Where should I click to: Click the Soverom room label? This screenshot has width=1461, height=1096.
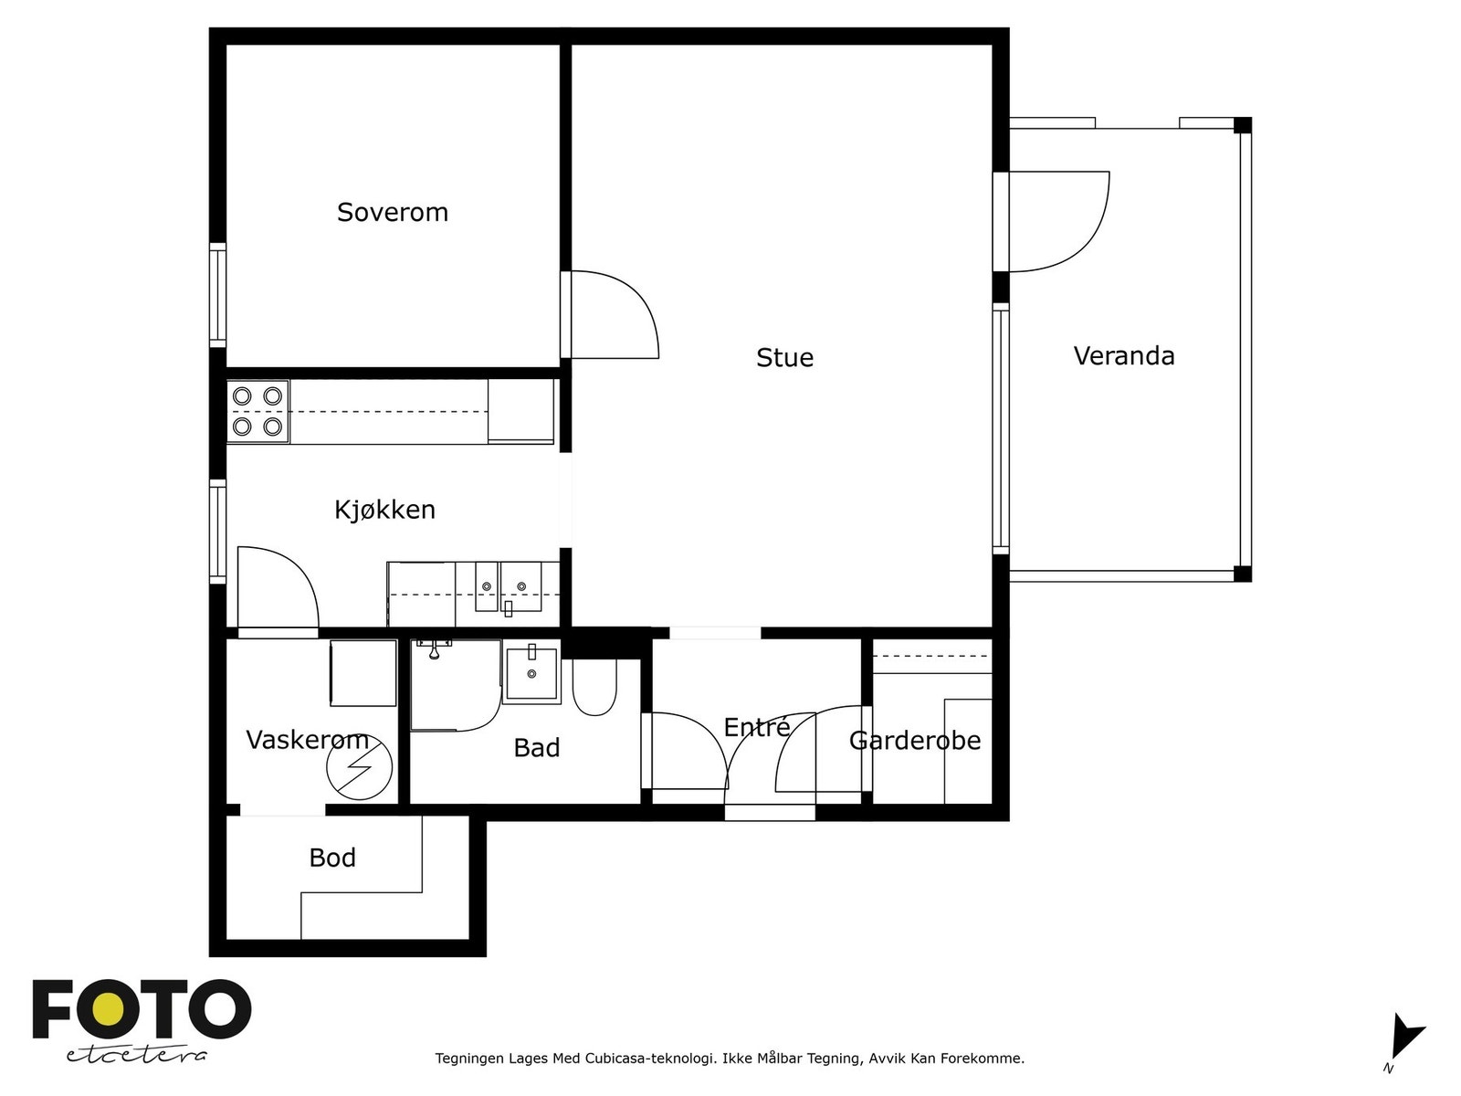[392, 212]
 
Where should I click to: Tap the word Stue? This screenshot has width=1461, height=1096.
[784, 357]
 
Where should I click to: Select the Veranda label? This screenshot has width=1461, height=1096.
[1123, 356]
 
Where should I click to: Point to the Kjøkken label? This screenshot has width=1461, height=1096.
[384, 510]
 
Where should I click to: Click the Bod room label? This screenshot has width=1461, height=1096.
[332, 858]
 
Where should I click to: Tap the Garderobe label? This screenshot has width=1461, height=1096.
[915, 741]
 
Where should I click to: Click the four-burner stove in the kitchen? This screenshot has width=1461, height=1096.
[258, 411]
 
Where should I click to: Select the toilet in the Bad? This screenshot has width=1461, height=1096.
[594, 687]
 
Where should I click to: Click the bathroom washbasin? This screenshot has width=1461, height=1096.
[531, 673]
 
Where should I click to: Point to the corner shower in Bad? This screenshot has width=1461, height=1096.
[456, 685]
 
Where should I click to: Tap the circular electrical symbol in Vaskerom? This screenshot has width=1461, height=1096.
[360, 767]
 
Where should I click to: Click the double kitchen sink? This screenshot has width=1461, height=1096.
[509, 588]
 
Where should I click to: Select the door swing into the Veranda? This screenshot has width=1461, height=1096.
[1059, 222]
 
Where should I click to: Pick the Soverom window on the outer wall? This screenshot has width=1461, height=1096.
[217, 295]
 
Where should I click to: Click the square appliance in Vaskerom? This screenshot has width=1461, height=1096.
[363, 673]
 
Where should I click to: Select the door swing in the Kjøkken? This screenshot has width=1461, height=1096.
[279, 587]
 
